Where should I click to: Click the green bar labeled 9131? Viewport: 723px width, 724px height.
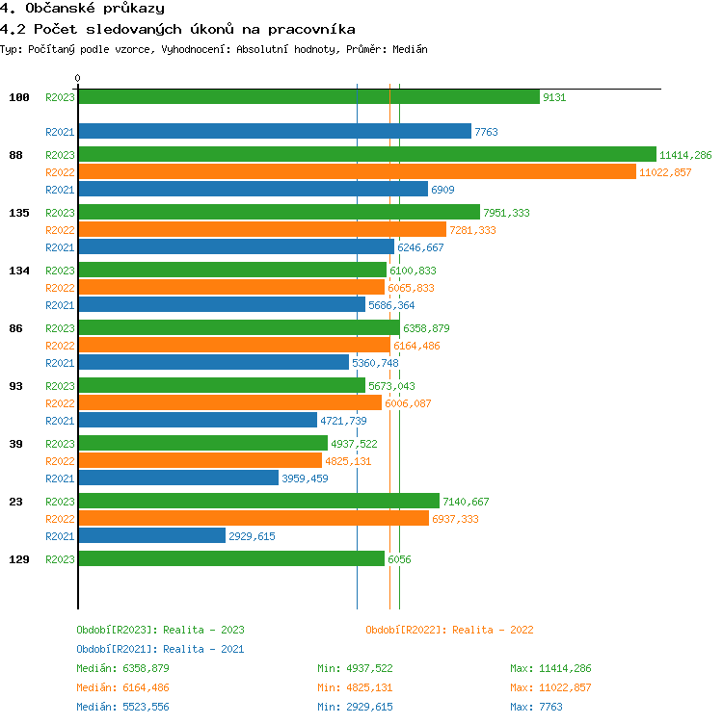click(308, 96)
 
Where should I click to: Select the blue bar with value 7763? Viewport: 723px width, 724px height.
click(275, 131)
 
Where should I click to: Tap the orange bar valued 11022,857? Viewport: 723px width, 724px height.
click(357, 171)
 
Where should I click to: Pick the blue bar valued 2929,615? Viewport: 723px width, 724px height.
click(152, 535)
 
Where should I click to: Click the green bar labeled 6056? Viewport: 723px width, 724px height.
click(231, 558)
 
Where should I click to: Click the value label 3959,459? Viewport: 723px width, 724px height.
click(305, 478)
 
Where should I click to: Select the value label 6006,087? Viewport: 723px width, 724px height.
click(408, 403)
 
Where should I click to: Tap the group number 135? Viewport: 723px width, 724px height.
click(19, 213)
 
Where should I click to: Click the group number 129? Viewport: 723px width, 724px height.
click(19, 559)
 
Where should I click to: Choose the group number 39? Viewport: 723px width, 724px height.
click(16, 444)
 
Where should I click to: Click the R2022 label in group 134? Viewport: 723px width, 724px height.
click(60, 288)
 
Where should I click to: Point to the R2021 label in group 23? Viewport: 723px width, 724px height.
click(60, 536)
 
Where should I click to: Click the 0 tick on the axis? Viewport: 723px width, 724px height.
click(78, 78)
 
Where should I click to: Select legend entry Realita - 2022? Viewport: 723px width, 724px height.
click(449, 630)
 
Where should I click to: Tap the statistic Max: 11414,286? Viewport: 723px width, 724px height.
click(550, 668)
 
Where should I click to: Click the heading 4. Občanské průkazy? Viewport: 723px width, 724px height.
click(82, 9)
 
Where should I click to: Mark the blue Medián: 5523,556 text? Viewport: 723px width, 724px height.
click(122, 707)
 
